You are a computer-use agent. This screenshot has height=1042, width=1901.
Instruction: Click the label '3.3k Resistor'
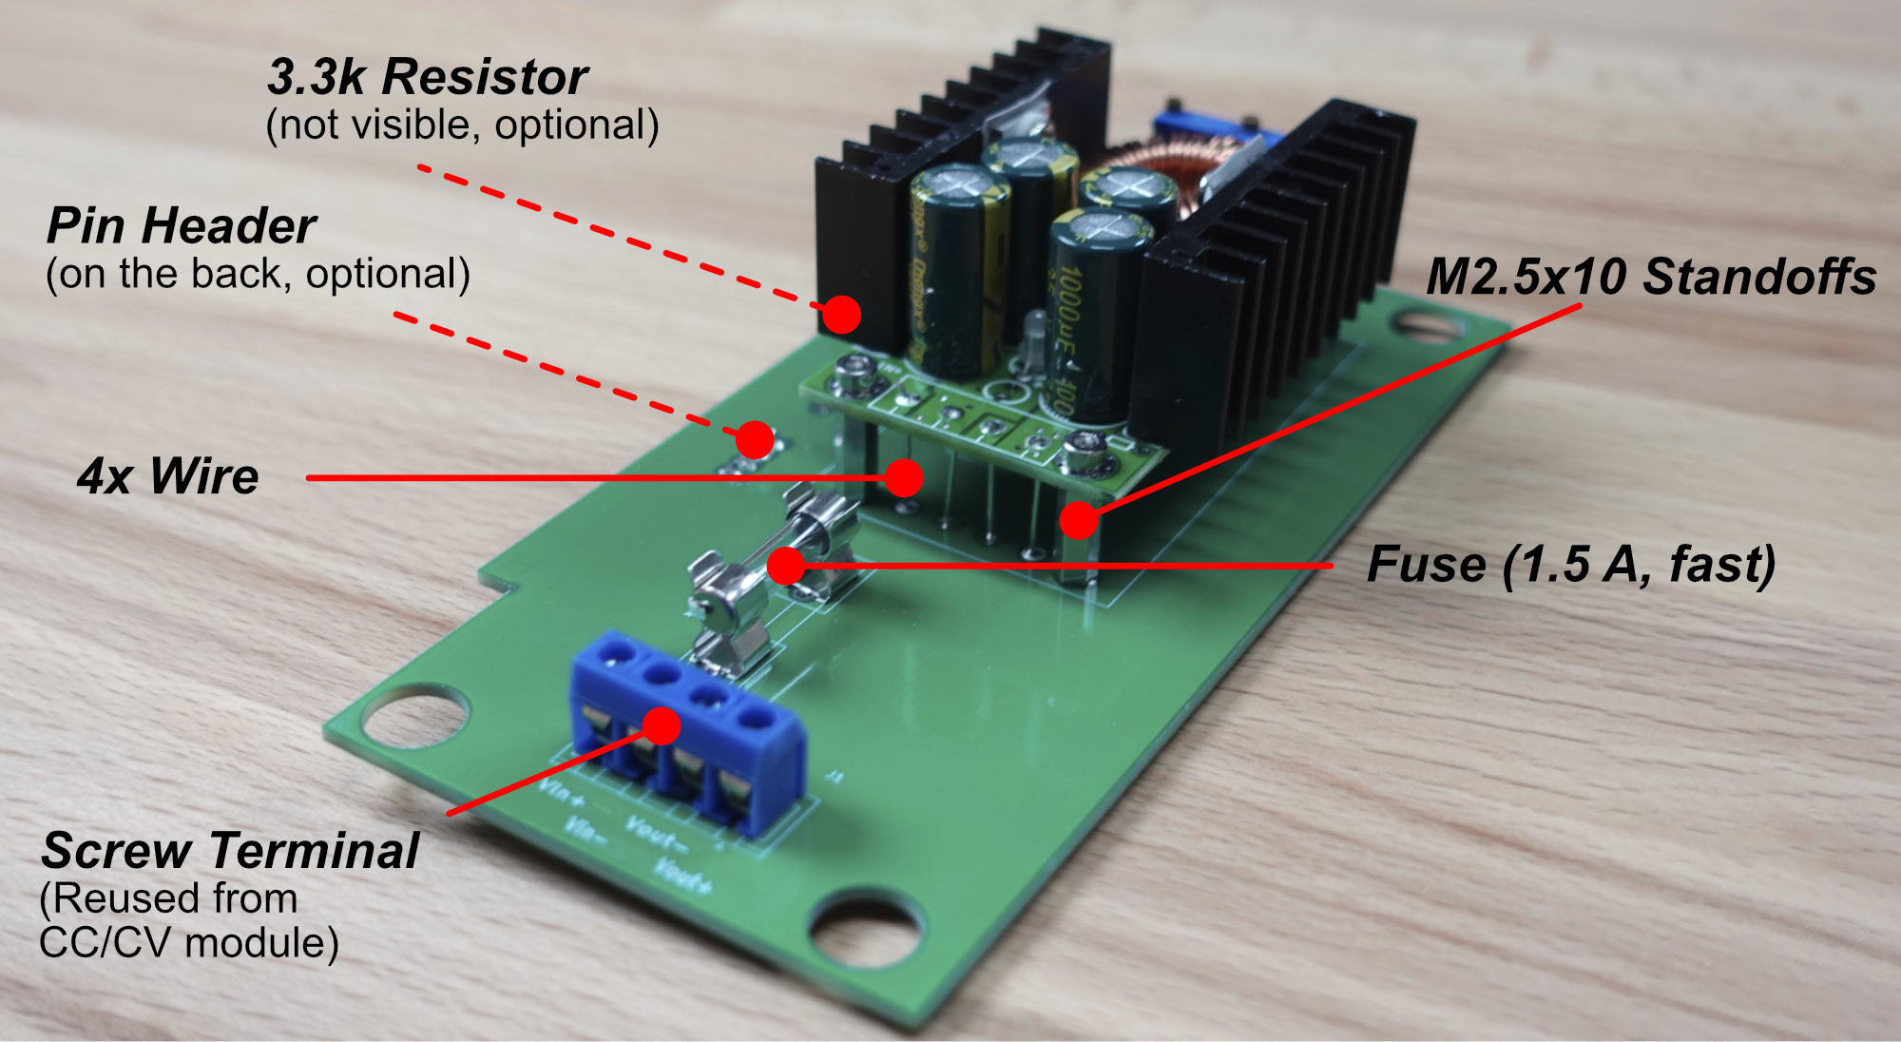(x=427, y=77)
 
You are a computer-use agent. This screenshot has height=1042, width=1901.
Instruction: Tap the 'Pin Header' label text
(x=181, y=226)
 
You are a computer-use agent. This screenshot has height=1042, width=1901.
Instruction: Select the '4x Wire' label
(x=167, y=476)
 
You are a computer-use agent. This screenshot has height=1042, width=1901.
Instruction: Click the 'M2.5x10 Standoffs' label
(x=1651, y=278)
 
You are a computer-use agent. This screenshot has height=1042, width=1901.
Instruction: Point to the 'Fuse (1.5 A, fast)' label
(x=1570, y=564)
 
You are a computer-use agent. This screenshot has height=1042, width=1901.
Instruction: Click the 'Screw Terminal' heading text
(x=229, y=850)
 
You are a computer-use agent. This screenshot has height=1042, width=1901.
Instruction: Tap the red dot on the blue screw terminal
(x=662, y=725)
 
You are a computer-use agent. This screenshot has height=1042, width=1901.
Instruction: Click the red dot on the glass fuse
(x=786, y=566)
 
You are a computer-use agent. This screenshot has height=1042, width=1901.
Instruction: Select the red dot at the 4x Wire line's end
(x=904, y=477)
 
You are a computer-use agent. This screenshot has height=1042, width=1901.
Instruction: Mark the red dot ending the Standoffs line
(x=1079, y=520)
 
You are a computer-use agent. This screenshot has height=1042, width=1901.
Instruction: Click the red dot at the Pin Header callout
(x=755, y=439)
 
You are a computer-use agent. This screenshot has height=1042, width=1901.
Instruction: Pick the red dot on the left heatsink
(x=841, y=314)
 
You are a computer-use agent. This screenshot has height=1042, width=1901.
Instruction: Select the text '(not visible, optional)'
(x=462, y=125)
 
